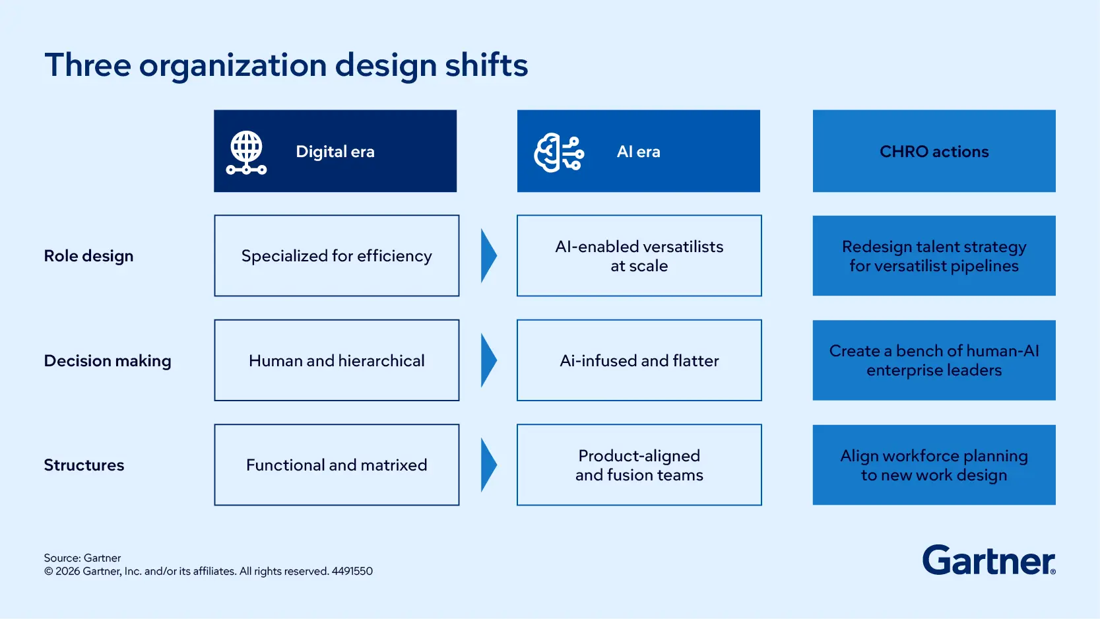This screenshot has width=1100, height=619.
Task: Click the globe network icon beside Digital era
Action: pos(246,152)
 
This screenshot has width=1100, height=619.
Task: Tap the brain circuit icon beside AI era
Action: pos(559,152)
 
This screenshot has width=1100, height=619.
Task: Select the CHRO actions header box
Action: pos(934,151)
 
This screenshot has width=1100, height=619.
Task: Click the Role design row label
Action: pos(88,256)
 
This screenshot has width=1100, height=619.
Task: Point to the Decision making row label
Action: pos(108,361)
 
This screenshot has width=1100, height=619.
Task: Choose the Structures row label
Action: pos(84,465)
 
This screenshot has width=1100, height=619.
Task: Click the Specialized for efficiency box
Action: pos(337,256)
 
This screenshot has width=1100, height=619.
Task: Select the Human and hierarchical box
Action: pos(337,361)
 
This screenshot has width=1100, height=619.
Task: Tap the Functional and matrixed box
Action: pos(337,465)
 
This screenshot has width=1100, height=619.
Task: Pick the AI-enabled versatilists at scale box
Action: pos(639,256)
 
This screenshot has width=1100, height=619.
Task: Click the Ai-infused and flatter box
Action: pos(639,361)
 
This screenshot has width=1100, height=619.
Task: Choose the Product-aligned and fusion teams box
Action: pos(639,465)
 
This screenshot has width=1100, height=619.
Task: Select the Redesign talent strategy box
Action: pos(934,256)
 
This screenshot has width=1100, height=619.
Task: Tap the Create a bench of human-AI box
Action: pos(934,361)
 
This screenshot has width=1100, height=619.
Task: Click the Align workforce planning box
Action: pos(934,465)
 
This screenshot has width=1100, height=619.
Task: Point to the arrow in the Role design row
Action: pos(488,256)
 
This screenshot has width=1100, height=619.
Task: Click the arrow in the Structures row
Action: pos(488,465)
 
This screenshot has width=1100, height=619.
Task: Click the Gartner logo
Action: pos(988,560)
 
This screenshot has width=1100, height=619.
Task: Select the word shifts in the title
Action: pos(486,65)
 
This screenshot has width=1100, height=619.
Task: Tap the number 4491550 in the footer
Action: pos(352,571)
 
